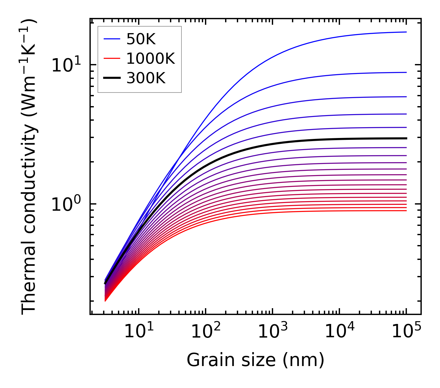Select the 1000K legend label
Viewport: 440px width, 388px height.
(150, 58)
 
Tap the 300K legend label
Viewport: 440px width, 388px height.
(146, 78)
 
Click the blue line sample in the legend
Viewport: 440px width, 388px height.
(111, 39)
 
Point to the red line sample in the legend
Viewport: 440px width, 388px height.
(111, 58)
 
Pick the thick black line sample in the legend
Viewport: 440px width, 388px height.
(111, 78)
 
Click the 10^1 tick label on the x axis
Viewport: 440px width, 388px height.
(138, 332)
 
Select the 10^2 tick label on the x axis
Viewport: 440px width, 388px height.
(206, 332)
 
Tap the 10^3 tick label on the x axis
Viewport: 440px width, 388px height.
(272, 332)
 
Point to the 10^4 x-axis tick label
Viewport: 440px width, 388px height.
(339, 332)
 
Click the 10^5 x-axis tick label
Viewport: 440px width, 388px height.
(406, 332)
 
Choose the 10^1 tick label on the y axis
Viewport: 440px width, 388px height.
(66, 66)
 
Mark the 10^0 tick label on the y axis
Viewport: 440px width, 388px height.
(66, 205)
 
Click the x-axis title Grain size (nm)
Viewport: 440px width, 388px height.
(255, 360)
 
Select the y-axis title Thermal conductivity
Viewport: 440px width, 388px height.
(29, 167)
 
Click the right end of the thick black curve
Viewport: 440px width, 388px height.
(406, 138)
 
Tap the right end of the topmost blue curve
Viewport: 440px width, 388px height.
(406, 32)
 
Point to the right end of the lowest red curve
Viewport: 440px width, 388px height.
(406, 211)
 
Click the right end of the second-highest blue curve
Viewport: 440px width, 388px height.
(406, 72)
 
